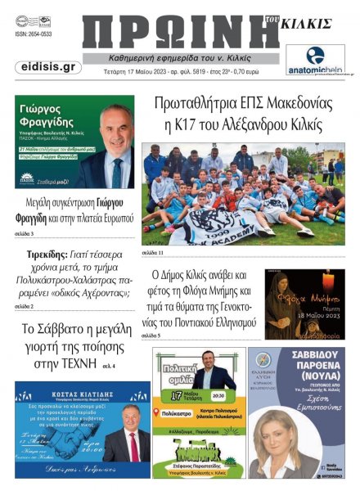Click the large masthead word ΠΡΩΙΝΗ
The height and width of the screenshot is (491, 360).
pos(176,33)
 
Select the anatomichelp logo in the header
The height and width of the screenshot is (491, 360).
pos(315,61)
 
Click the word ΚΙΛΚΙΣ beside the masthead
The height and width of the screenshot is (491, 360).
pos(306,25)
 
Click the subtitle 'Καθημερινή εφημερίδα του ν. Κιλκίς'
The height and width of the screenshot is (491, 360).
pos(179,60)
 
